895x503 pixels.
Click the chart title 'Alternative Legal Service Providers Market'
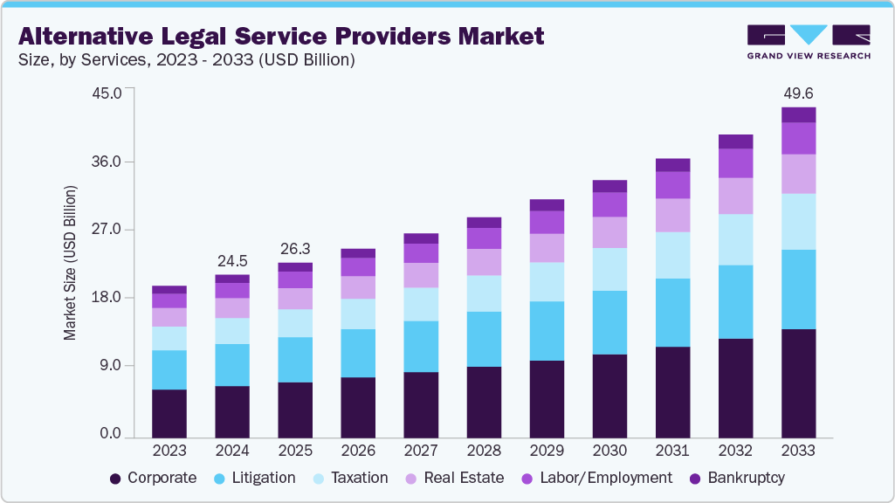point(281,36)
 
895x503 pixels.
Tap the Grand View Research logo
point(809,41)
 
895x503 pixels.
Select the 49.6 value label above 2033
point(798,93)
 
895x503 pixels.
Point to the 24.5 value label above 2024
point(232,260)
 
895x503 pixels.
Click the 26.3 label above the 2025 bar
point(295,248)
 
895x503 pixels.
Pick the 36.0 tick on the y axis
point(107,162)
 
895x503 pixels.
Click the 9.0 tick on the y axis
point(110,366)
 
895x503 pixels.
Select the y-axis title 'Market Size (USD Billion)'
point(70,263)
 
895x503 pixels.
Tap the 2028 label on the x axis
point(484,451)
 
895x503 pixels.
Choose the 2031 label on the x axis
point(672,451)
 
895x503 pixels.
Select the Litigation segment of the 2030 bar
point(609,322)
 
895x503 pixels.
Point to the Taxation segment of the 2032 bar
point(735,239)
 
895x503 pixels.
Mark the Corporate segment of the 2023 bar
point(169,413)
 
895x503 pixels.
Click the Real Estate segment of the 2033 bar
point(798,174)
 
